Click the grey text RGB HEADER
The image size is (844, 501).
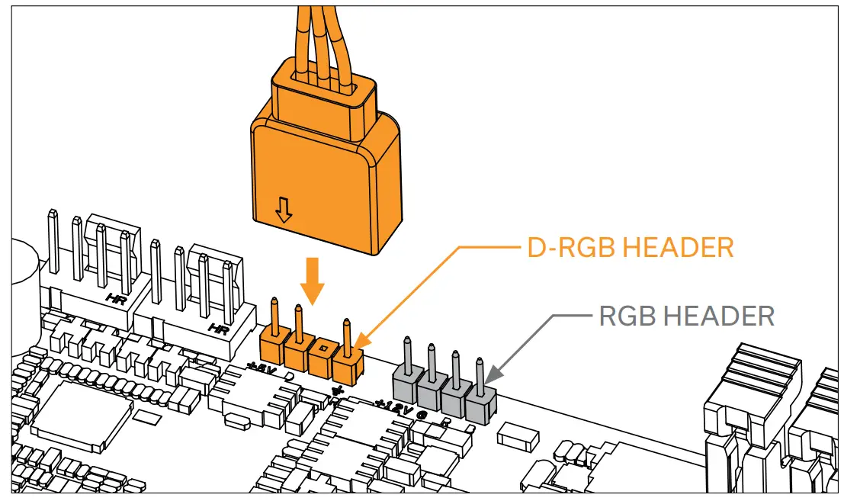[x=686, y=315]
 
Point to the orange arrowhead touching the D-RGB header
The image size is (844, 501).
[x=357, y=342]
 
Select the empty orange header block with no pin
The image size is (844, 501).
[x=323, y=355]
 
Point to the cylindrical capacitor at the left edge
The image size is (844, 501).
[x=23, y=267]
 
